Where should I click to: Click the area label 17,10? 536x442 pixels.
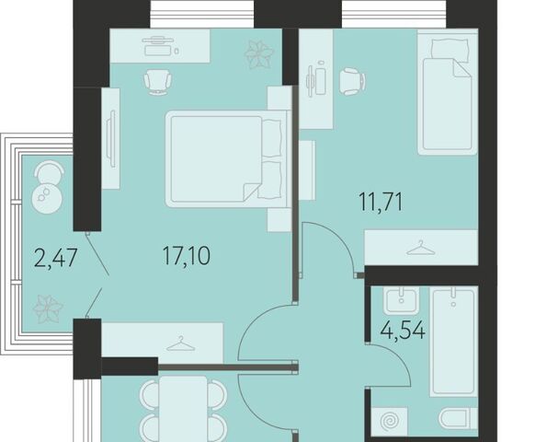point(187,255)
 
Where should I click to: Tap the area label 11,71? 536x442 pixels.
point(381,202)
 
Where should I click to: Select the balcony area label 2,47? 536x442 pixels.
point(57,258)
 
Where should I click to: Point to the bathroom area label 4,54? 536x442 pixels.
point(404,331)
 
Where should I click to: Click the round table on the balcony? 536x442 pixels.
point(47,199)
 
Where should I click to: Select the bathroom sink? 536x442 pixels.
point(401,300)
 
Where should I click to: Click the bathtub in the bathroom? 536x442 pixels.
point(453,342)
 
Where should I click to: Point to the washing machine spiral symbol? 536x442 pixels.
point(390,422)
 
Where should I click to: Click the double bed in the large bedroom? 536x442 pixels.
point(227,159)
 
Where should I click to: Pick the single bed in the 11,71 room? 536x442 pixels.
point(448,92)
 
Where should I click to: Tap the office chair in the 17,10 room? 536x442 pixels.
point(157,82)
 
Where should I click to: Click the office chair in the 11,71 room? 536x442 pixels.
point(353,81)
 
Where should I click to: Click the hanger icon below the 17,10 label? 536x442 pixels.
point(181,343)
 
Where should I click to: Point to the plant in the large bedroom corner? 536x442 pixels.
point(259,54)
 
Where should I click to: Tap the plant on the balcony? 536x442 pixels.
point(48,309)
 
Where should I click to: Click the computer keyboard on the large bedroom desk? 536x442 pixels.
point(157,51)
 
